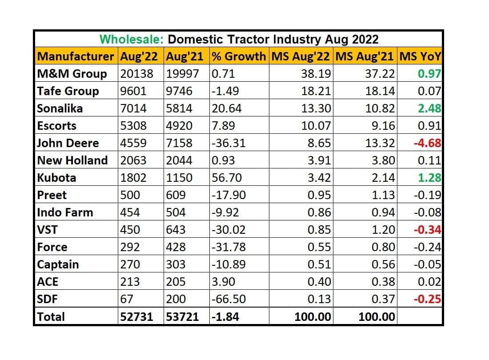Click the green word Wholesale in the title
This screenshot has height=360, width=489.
132,39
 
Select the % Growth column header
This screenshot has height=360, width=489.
238,57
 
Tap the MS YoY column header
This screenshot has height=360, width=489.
420,57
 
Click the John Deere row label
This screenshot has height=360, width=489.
68,143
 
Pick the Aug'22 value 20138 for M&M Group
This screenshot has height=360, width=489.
136,74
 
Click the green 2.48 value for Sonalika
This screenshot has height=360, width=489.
429,108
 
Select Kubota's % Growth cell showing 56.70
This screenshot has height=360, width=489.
227,178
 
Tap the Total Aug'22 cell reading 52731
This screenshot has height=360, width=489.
136,317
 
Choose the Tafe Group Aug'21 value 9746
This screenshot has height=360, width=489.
179,91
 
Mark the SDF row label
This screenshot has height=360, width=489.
48,299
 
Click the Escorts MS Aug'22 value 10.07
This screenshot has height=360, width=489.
316,126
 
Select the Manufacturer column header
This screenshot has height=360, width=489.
76,57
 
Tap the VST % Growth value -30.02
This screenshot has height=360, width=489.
228,230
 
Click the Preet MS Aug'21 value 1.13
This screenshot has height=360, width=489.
383,195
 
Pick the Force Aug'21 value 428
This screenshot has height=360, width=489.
176,247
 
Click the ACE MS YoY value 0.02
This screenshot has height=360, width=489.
429,282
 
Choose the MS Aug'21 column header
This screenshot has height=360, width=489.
365,57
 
